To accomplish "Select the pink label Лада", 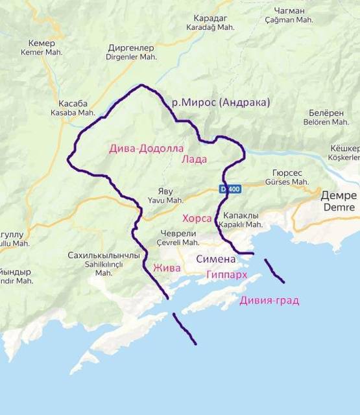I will [194, 159].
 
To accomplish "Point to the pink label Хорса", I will [197, 219].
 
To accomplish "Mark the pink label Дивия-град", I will [269, 300].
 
